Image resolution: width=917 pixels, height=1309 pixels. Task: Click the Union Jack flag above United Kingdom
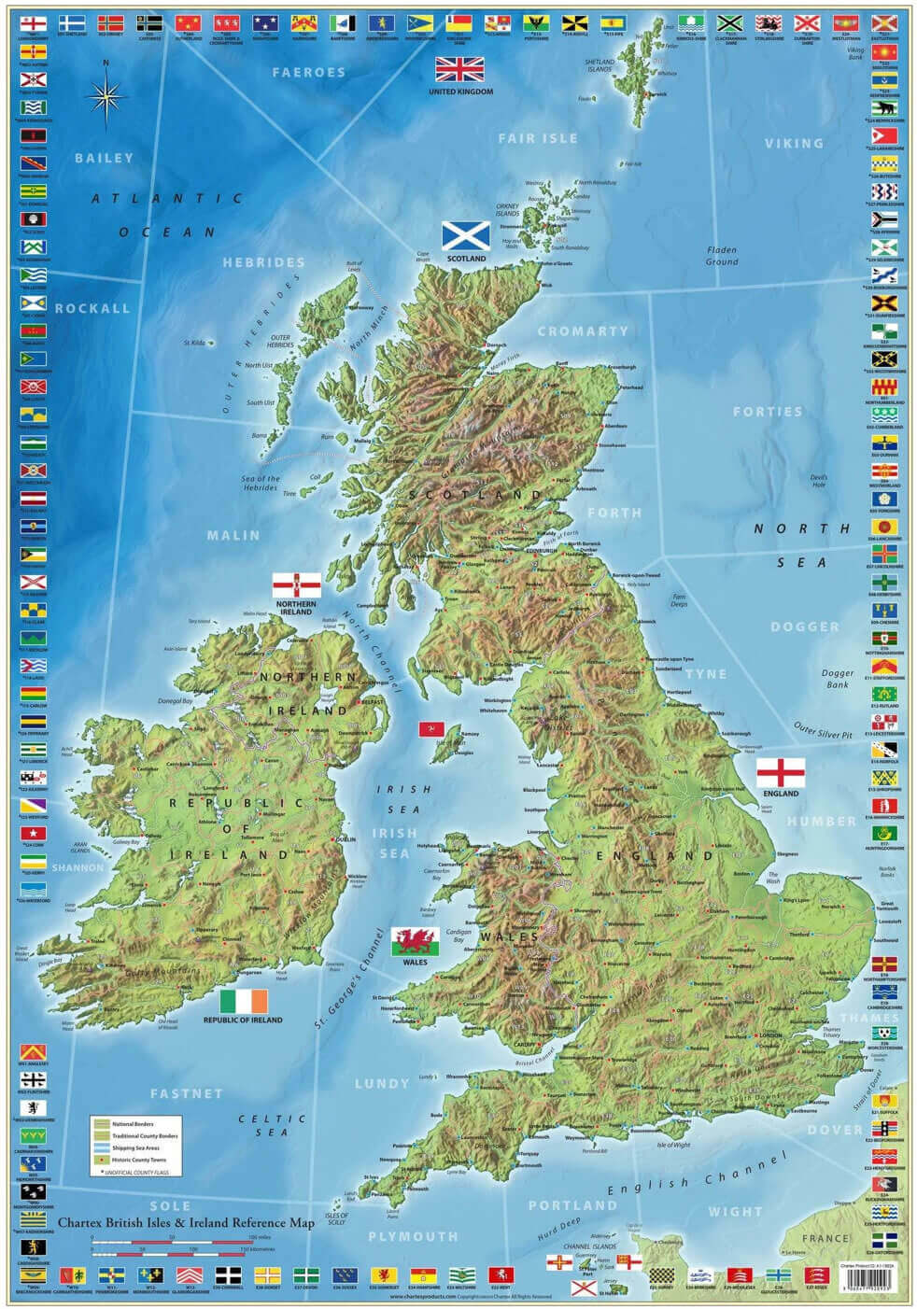460,70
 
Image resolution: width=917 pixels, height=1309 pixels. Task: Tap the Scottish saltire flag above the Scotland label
465,236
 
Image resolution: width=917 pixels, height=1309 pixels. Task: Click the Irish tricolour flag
243,1001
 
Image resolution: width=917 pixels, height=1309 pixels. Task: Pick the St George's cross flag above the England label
781,773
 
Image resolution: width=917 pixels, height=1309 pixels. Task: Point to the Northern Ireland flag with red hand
296,585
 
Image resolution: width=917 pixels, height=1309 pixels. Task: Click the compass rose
106,95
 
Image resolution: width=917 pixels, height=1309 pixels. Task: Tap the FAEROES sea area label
308,72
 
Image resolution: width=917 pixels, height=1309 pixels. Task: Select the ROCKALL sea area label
92,308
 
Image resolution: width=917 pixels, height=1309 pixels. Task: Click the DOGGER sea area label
805,626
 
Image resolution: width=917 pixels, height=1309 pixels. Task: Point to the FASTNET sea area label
187,1092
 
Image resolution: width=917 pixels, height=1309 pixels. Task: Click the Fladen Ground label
722,255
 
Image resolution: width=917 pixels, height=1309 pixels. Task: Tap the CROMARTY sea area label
583,331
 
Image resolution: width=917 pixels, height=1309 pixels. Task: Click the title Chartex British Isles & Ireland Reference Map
186,1221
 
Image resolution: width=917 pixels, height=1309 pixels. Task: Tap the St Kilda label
194,343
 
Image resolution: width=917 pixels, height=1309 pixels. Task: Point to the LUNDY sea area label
381,1083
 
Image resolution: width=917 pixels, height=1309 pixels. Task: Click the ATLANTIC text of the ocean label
167,198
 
